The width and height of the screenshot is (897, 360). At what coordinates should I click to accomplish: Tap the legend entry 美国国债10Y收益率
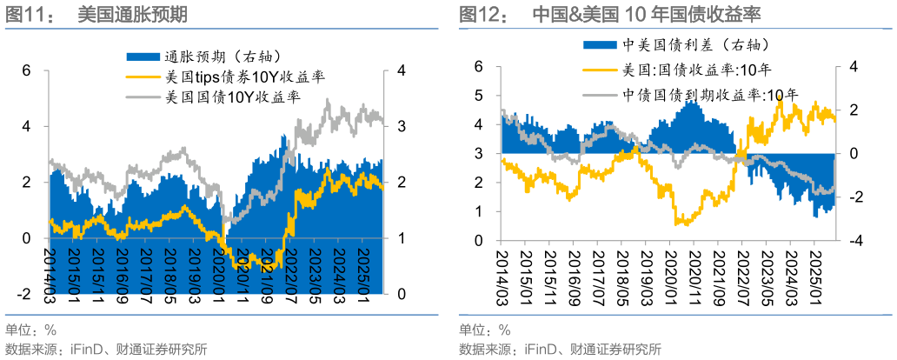(x=229, y=97)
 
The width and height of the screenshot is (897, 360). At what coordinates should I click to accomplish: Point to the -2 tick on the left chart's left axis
(x=23, y=294)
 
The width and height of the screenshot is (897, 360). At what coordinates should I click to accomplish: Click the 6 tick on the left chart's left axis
(x=26, y=70)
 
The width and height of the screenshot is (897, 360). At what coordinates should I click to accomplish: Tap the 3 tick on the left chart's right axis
(x=401, y=126)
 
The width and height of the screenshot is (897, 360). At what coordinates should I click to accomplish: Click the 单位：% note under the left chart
(x=30, y=330)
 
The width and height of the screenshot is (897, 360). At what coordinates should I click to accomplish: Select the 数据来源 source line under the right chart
(x=560, y=350)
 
